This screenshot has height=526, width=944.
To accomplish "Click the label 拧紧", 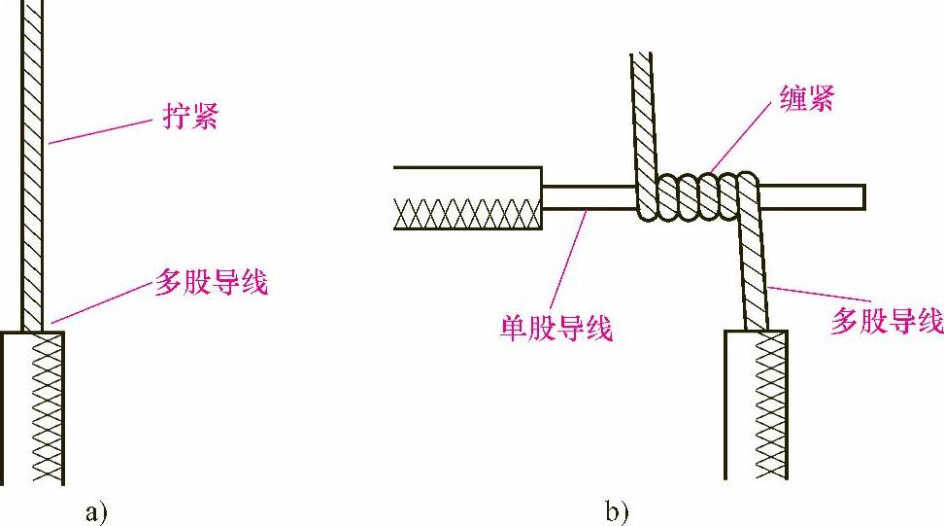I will click(186, 119).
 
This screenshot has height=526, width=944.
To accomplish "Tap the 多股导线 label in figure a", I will click(211, 283).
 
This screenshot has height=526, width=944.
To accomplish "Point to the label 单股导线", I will click(556, 328).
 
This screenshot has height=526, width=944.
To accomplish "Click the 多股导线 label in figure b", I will click(886, 321).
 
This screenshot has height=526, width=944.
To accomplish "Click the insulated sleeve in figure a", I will click(33, 408).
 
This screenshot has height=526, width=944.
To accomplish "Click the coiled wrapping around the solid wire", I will click(697, 196).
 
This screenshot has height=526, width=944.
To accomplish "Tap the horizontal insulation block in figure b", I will click(467, 197).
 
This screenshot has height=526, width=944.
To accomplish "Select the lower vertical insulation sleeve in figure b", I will click(756, 403).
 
